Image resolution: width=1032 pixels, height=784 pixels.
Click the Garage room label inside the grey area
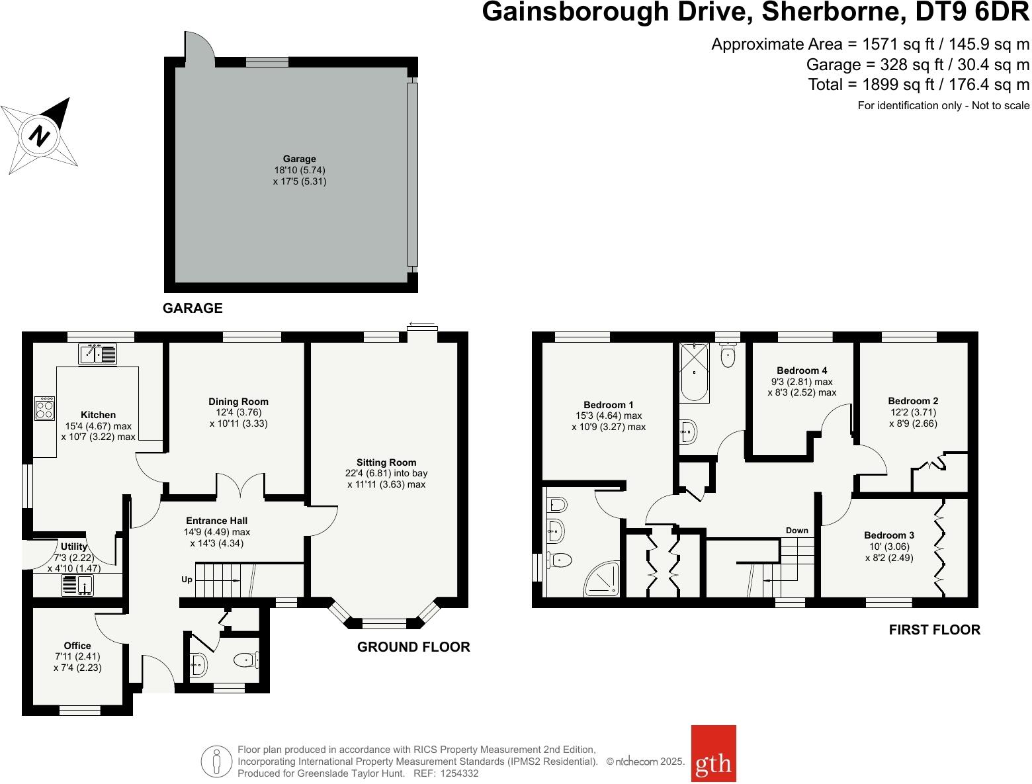tap(300, 159)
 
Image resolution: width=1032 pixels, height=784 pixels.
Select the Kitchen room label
tap(98, 415)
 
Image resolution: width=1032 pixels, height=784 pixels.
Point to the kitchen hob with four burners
tap(45, 408)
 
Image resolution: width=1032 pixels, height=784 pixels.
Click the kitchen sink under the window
tap(97, 355)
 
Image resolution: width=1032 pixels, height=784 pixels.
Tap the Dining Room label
tap(238, 402)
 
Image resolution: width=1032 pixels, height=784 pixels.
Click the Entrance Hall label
tap(217, 521)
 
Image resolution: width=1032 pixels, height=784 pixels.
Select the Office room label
tap(77, 646)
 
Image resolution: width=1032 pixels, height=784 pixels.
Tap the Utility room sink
tap(77, 585)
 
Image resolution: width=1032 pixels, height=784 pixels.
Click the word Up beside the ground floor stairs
tap(187, 580)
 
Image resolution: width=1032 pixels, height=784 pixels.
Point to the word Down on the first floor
tap(797, 530)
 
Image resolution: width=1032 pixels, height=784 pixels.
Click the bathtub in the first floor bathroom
tap(694, 372)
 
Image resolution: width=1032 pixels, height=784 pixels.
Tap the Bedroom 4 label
tap(802, 370)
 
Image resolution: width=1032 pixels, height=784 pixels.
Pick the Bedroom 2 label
tap(913, 401)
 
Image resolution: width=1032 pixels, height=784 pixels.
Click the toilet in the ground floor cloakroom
tap(246, 659)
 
